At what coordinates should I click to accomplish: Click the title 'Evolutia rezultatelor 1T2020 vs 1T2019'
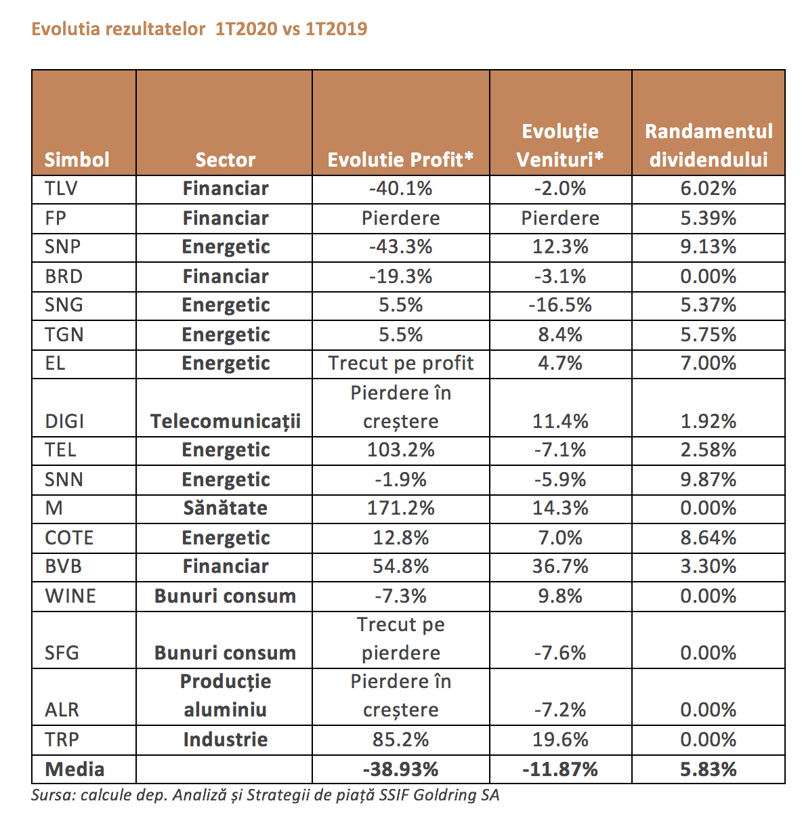coord(199,29)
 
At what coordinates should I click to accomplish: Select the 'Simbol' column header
coord(77,160)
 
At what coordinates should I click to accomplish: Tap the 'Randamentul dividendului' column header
coord(709,146)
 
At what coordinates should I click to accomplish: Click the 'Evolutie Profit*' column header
coord(400,160)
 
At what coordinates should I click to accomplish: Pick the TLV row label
coord(61,188)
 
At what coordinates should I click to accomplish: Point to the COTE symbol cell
coord(69,538)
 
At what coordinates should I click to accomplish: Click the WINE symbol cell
coord(70,596)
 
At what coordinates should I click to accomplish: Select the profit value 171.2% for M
coord(400,508)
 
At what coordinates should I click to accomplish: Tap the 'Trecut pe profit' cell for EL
coord(400,363)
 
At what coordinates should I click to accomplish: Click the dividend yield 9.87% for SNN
coord(709,480)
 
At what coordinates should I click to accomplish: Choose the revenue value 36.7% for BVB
coord(560,566)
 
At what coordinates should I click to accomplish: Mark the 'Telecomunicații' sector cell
coord(225,422)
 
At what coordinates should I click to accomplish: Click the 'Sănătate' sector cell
coord(225,508)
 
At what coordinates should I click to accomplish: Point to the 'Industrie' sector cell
coord(225,740)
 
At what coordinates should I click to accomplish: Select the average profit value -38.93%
coord(400,770)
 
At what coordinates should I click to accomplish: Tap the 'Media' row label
coord(75,770)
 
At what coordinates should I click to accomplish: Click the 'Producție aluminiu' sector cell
coord(225,695)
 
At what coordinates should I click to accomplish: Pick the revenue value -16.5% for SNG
coord(560,305)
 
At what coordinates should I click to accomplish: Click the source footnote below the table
coord(266,795)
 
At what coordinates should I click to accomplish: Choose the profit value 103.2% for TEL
coord(400,450)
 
